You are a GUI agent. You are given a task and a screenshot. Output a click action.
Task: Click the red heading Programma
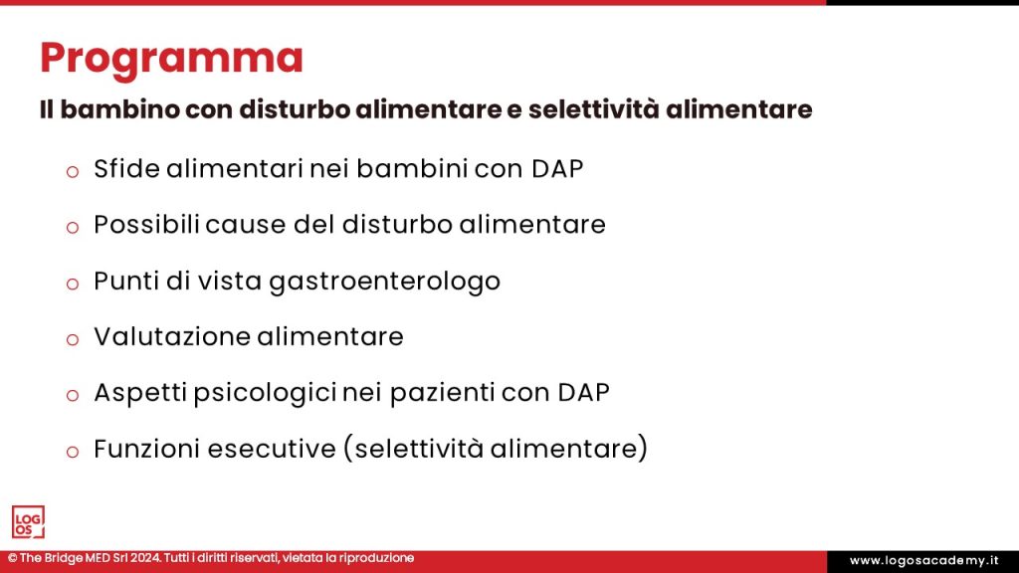click(x=171, y=59)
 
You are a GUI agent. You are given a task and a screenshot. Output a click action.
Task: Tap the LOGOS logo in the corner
click(x=28, y=522)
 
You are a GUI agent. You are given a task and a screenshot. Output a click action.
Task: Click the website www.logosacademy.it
click(x=923, y=561)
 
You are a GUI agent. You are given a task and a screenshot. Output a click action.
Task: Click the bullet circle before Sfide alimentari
click(x=72, y=171)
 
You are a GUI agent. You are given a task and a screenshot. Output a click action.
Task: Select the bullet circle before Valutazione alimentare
click(x=72, y=339)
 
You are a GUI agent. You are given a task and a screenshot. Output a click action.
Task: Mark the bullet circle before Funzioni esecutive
click(x=72, y=452)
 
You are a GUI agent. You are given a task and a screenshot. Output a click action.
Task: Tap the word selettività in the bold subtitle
click(x=591, y=109)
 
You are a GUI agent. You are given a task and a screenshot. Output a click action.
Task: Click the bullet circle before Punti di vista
click(x=72, y=284)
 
